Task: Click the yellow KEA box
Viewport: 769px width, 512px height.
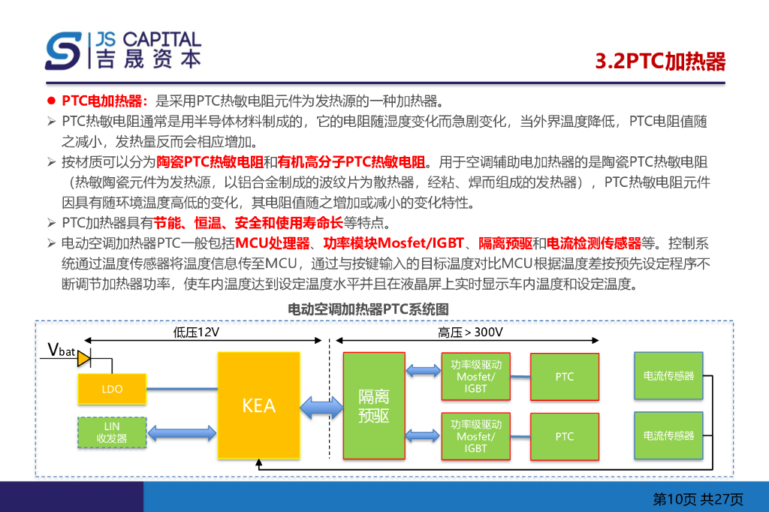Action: pyautogui.click(x=258, y=405)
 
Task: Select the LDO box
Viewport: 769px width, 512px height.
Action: pyautogui.click(x=112, y=389)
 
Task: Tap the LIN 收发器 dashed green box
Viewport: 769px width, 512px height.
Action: pyautogui.click(x=112, y=432)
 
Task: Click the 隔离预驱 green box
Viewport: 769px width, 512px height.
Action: pyautogui.click(x=373, y=405)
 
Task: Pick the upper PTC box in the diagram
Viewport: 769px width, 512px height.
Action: pyautogui.click(x=564, y=377)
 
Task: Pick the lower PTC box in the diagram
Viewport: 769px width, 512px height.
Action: pyautogui.click(x=564, y=436)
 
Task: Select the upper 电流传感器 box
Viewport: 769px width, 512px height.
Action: pyautogui.click(x=668, y=376)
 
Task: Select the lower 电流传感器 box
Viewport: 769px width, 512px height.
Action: pyautogui.click(x=668, y=435)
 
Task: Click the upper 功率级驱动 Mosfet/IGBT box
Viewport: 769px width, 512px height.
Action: pyautogui.click(x=475, y=376)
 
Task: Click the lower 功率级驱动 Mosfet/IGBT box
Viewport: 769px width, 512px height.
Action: pyautogui.click(x=475, y=436)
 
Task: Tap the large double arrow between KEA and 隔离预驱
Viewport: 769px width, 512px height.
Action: pyautogui.click(x=321, y=407)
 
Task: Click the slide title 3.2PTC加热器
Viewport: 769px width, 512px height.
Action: pyautogui.click(x=660, y=62)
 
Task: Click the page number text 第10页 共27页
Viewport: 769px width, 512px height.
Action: pyautogui.click(x=698, y=498)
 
